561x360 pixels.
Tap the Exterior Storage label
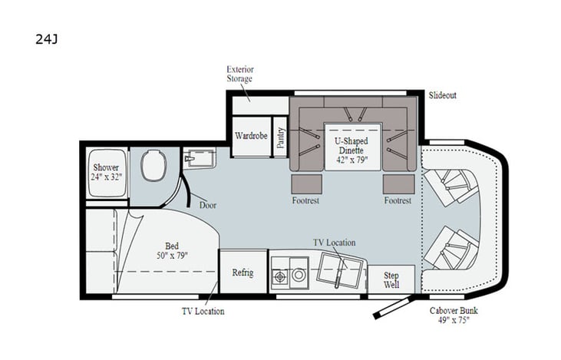click(239, 74)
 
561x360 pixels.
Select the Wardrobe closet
click(250, 136)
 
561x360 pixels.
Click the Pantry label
click(280, 137)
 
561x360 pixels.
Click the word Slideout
click(442, 95)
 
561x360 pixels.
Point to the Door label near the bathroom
click(207, 205)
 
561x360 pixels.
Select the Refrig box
click(243, 273)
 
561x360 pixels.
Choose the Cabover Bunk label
click(452, 315)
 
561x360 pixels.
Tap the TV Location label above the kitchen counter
click(333, 242)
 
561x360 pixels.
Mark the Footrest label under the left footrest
click(305, 200)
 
